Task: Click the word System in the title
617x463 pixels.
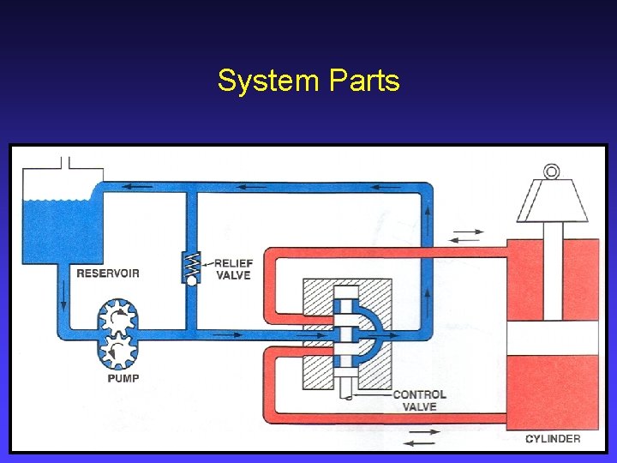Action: click(x=267, y=81)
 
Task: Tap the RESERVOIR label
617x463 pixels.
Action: click(x=108, y=274)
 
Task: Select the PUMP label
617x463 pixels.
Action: click(x=123, y=377)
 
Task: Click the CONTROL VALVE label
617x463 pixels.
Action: click(x=419, y=400)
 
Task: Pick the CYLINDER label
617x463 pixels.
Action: click(x=552, y=439)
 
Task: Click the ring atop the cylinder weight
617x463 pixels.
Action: click(x=552, y=171)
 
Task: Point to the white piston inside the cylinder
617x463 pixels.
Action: click(x=552, y=338)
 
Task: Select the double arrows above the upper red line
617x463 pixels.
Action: click(x=467, y=231)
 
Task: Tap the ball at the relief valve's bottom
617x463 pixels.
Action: click(x=190, y=280)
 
